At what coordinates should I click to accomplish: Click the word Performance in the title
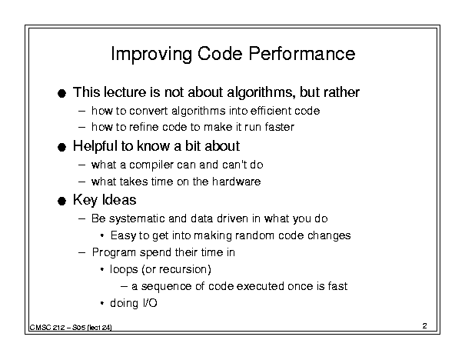pos(301,54)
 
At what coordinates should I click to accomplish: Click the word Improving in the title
pos(151,54)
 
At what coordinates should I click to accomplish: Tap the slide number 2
pos(425,326)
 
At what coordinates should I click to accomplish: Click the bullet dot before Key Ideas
pos(61,201)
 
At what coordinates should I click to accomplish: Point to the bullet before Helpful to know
pos(61,147)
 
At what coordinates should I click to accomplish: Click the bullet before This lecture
pos(61,94)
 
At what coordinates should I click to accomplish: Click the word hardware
pos(237,182)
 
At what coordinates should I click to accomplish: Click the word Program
pos(114,253)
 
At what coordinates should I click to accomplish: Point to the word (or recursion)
pos(177,269)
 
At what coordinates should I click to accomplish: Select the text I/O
pos(150,303)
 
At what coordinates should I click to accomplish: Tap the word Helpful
pos(95,146)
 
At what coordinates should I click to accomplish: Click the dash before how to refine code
pos(81,128)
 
